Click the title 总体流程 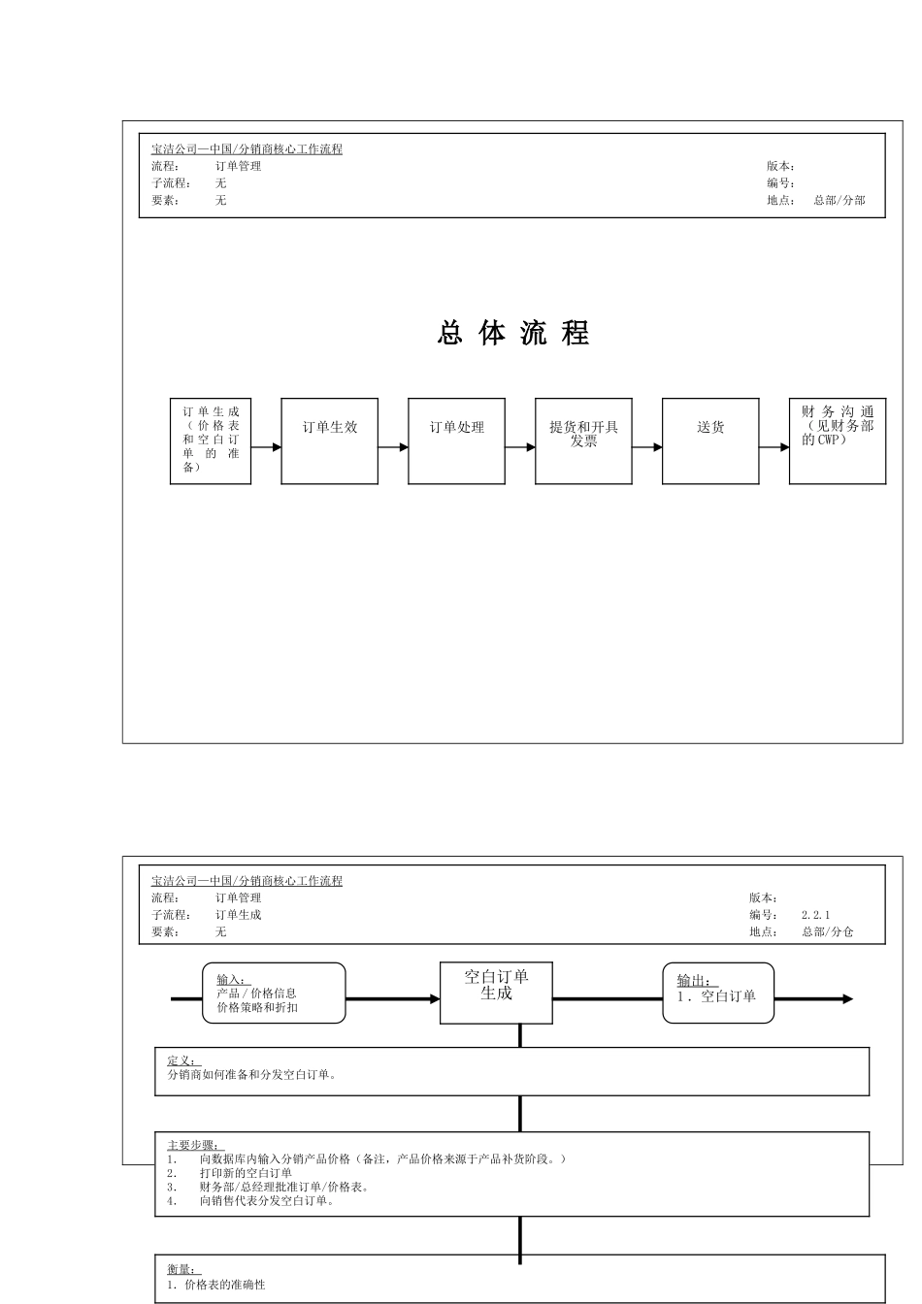pyautogui.click(x=513, y=334)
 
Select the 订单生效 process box pyautogui.click(x=330, y=440)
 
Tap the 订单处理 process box pyautogui.click(x=456, y=440)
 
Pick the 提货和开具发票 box pyautogui.click(x=583, y=440)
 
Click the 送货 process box pyautogui.click(x=710, y=440)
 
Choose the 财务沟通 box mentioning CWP pyautogui.click(x=838, y=440)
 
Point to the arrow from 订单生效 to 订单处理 pyautogui.click(x=393, y=447)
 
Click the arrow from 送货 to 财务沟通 pyautogui.click(x=774, y=447)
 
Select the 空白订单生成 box pyautogui.click(x=496, y=993)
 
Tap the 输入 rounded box pyautogui.click(x=274, y=993)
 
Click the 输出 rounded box pyautogui.click(x=718, y=993)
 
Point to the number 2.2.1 pyautogui.click(x=815, y=915)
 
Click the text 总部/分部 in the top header pyautogui.click(x=839, y=201)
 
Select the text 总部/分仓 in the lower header pyautogui.click(x=827, y=932)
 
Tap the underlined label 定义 pyautogui.click(x=181, y=1060)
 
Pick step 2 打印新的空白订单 pyautogui.click(x=246, y=1173)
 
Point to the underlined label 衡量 pyautogui.click(x=181, y=1269)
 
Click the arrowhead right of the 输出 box pyautogui.click(x=847, y=998)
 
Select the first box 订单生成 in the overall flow pyautogui.click(x=211, y=440)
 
